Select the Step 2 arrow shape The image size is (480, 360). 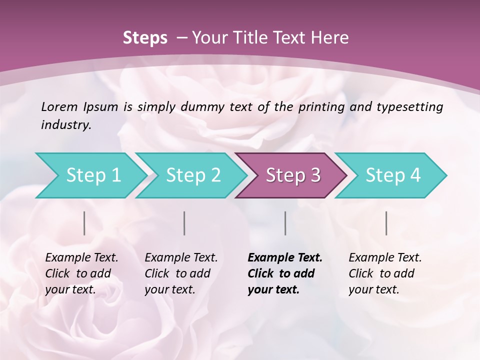(x=192, y=175)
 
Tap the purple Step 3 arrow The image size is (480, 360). (x=292, y=175)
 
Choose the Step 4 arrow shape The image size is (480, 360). (x=392, y=175)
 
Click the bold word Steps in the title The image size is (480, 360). (x=145, y=38)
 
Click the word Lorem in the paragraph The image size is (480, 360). (x=59, y=106)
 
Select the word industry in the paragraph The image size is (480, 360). (x=65, y=124)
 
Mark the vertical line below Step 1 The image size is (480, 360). (x=84, y=223)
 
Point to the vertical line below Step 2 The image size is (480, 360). (x=184, y=223)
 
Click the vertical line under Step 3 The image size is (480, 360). (x=285, y=223)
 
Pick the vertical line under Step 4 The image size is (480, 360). (x=386, y=223)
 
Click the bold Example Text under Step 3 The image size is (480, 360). (x=285, y=258)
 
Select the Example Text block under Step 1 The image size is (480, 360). (x=81, y=273)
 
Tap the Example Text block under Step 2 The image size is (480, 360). (x=181, y=273)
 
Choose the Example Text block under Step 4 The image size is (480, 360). (x=385, y=273)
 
